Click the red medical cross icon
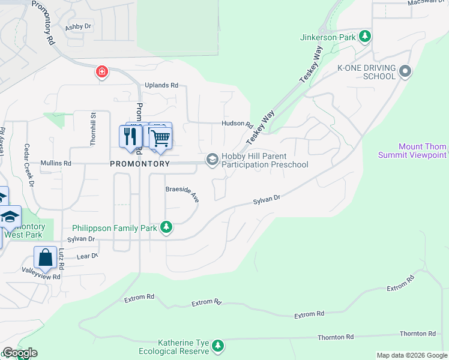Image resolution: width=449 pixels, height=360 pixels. (102, 73)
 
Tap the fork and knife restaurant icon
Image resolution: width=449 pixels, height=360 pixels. (130, 137)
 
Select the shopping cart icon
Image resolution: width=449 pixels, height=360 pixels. (160, 138)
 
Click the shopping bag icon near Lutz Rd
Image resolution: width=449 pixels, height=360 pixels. (46, 258)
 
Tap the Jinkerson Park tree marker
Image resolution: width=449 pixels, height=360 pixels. (364, 37)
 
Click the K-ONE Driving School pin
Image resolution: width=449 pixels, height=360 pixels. (405, 72)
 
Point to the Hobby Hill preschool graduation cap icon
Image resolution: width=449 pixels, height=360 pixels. (212, 160)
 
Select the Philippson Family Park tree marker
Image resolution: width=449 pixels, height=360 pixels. (167, 228)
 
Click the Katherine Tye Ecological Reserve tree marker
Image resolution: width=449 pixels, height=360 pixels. (217, 346)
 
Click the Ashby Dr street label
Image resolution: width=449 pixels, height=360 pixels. (78, 26)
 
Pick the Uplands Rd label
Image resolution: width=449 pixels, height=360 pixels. (161, 85)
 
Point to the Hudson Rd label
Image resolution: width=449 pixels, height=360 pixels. (237, 124)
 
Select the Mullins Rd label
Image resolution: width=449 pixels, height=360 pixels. (56, 163)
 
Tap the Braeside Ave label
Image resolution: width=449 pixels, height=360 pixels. (182, 193)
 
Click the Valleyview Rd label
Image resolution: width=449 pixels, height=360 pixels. (41, 277)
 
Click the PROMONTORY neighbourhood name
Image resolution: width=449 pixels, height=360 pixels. (140, 163)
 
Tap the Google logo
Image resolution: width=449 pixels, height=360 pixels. (19, 353)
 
